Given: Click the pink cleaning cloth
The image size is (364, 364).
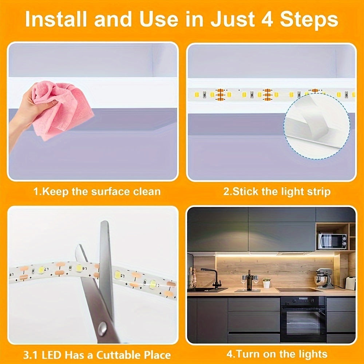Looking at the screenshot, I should pos(62,109).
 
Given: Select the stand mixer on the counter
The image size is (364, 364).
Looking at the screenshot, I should pos(324,278).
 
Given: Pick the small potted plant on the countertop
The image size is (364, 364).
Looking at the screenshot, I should pos(267,283).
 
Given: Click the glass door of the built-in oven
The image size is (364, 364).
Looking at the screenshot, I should pos(303,320).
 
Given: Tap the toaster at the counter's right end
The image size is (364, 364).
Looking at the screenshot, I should pos(351,283).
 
